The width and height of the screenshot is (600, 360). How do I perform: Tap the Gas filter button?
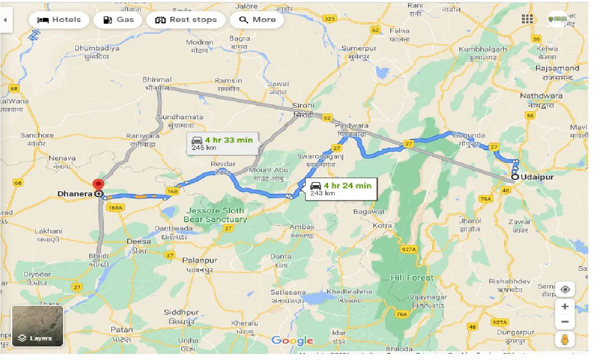pos(118,20)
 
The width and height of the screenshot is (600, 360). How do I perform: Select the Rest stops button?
pos(186,20)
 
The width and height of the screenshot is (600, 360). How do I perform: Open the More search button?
pos(257,20)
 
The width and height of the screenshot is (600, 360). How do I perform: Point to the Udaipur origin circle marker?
pos(515,177)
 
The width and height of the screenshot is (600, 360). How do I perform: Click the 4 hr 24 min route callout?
pos(341,189)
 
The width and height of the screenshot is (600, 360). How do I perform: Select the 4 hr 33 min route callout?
pos(222,143)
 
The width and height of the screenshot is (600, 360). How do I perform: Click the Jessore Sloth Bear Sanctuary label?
pos(215,215)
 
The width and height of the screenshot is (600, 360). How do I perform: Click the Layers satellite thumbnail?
pos(37,326)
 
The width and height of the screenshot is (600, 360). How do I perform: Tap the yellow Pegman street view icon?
pos(565,340)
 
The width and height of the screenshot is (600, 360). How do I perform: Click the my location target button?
pos(565,289)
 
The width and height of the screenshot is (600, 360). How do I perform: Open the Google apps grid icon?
pos(527,19)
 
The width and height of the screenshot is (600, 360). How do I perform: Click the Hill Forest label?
pos(412,278)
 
